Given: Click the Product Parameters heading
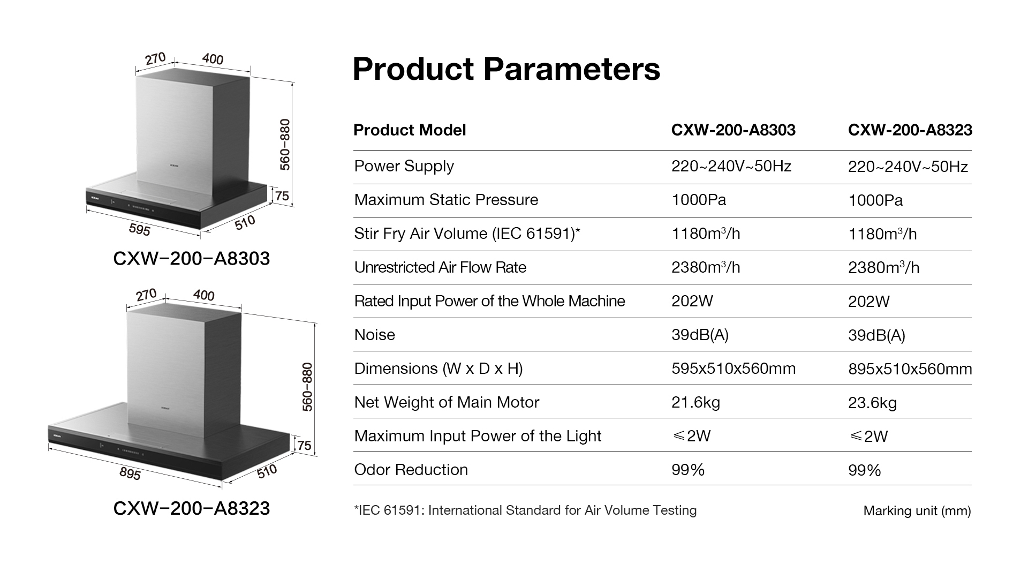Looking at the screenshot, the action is [x=507, y=69].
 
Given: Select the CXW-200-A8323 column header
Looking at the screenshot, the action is [x=910, y=130].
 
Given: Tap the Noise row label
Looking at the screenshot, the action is [x=375, y=335].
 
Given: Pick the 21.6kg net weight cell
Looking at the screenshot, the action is [x=696, y=403].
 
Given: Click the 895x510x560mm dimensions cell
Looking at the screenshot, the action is [x=910, y=369].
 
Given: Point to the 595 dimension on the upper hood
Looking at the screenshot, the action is [x=140, y=229].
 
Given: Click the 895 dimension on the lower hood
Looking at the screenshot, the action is [x=130, y=473].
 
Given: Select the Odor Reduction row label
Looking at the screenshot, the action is [x=411, y=470].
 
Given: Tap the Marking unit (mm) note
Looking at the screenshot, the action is [x=917, y=511].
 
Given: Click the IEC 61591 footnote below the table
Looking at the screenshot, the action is [x=525, y=510].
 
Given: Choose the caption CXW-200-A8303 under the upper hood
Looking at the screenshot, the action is [x=192, y=259].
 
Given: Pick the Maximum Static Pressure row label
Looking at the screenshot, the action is [x=447, y=200].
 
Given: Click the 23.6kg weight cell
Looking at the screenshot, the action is [x=872, y=403].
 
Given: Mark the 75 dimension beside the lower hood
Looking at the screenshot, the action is [x=304, y=446].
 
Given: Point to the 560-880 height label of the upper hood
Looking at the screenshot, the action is [x=285, y=145].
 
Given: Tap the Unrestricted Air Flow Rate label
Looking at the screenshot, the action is [x=440, y=267].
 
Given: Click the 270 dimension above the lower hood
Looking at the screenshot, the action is [x=146, y=295].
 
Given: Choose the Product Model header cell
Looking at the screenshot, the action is [x=410, y=130].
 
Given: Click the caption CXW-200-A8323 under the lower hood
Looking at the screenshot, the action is [x=192, y=508].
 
